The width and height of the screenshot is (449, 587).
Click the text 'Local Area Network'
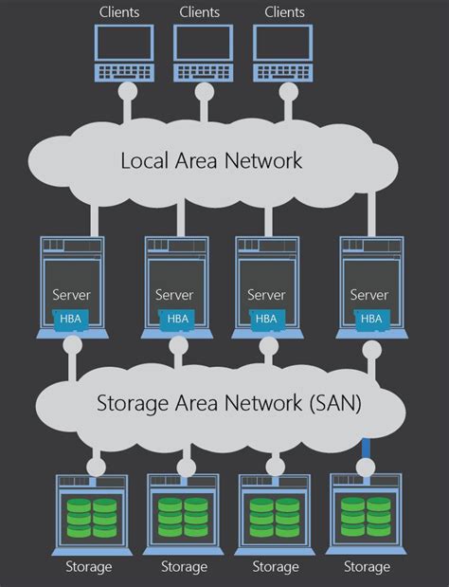click(x=211, y=159)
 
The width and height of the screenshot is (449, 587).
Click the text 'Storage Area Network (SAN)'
click(x=229, y=402)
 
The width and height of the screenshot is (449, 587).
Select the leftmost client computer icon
click(x=124, y=53)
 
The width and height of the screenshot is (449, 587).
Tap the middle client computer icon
click(x=204, y=53)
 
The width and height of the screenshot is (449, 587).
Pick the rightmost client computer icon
click(x=283, y=53)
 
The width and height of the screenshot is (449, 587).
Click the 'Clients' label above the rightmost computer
click(x=284, y=11)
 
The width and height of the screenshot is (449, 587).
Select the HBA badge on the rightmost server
click(x=370, y=318)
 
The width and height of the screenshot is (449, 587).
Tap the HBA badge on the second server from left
click(x=178, y=318)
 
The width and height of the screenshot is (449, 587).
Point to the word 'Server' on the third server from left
click(x=266, y=295)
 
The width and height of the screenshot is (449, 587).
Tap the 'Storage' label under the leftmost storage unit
click(x=89, y=567)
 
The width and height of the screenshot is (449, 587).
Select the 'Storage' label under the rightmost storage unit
click(x=367, y=567)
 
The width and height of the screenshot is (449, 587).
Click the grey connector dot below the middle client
click(x=204, y=92)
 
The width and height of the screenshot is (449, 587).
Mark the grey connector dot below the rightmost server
click(x=371, y=350)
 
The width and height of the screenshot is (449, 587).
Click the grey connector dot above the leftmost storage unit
click(x=95, y=466)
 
